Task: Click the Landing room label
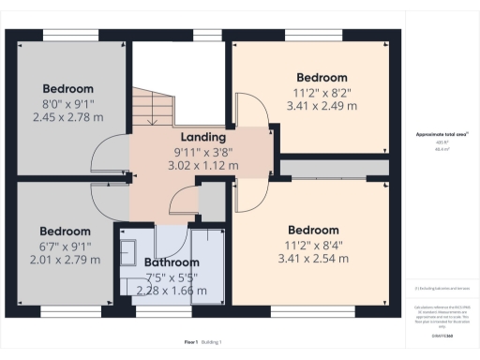[202, 137]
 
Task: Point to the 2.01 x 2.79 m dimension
[65, 259]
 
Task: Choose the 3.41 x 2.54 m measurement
[313, 258]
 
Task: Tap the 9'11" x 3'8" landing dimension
[202, 151]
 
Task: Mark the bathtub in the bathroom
[211, 267]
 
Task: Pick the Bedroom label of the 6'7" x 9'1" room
[65, 231]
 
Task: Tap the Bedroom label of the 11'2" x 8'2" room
[322, 77]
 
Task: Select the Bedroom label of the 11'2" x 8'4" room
[313, 230]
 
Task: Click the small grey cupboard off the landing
[214, 199]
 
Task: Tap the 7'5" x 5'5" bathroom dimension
[172, 277]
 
